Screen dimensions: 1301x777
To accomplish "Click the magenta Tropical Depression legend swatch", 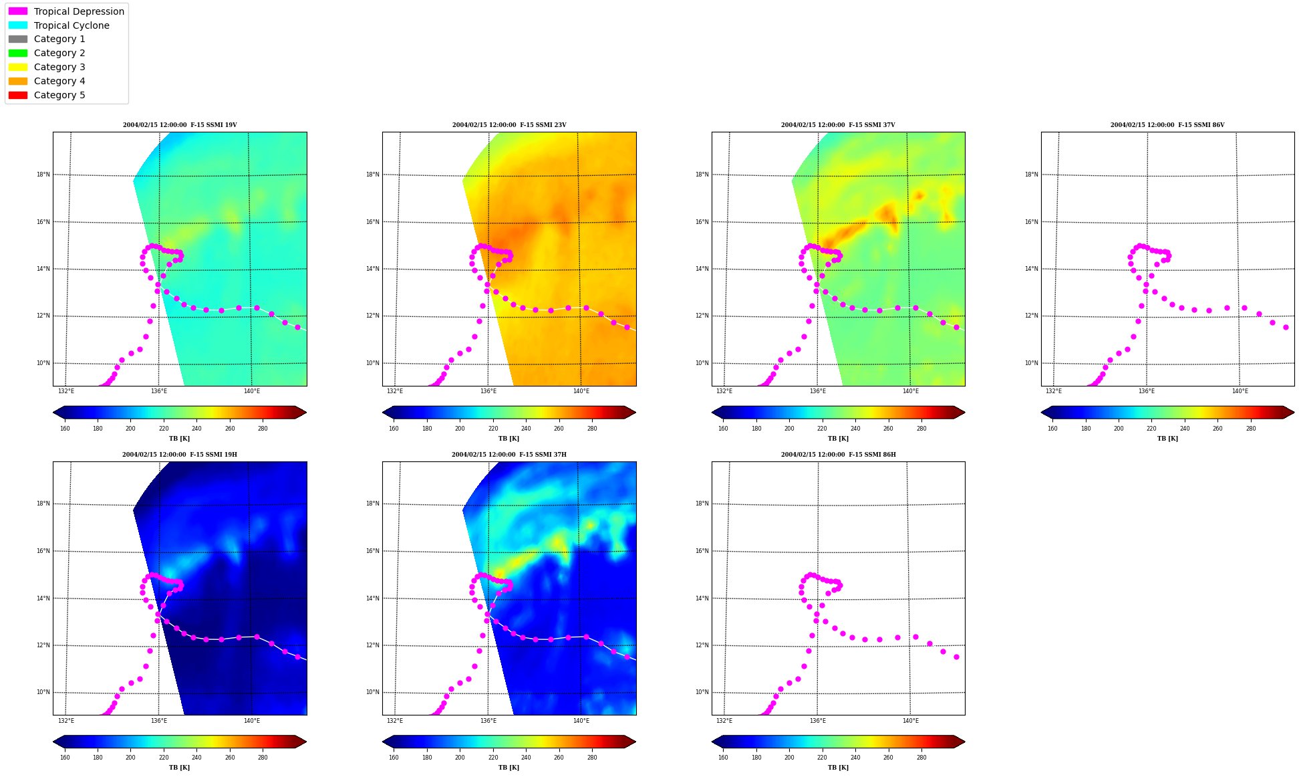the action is pos(18,11).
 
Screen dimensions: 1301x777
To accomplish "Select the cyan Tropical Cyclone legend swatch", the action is pos(18,25).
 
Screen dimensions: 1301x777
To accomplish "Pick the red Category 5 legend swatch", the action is pos(18,95).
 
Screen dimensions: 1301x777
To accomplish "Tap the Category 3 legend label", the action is pos(59,67).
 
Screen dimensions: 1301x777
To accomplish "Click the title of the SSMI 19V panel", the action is pos(180,125).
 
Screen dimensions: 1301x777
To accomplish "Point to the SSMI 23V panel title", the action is pos(509,125).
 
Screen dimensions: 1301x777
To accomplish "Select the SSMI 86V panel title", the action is pos(1167,125).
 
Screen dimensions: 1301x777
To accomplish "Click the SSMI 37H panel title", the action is pos(509,455).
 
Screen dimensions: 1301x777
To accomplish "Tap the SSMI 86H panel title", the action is pos(839,455).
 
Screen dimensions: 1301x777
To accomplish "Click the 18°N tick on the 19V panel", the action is pos(43,175).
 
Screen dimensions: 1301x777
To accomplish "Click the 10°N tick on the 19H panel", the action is pos(43,693).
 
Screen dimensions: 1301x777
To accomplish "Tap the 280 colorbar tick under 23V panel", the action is pos(592,429).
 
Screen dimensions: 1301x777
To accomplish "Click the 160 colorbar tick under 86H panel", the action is pos(723,758).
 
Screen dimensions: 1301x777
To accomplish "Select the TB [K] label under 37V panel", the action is pos(838,439).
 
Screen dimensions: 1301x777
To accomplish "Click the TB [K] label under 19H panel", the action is pos(179,768).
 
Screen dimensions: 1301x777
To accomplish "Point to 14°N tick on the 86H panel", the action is pos(702,598).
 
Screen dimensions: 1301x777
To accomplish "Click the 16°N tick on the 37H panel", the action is pos(373,552).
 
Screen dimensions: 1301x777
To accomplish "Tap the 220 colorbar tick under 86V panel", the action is pos(1151,429).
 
